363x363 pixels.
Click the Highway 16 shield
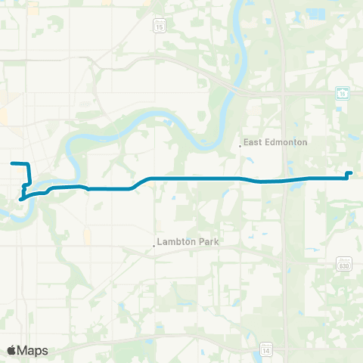[x=341, y=92]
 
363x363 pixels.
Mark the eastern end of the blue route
[x=350, y=173]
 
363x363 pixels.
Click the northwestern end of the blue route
[x=11, y=163]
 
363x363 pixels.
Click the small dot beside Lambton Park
[x=154, y=244]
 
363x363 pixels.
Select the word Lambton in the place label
[x=175, y=244]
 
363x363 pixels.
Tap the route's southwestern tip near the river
[x=20, y=200]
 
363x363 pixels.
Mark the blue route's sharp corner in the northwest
[x=28, y=165]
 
